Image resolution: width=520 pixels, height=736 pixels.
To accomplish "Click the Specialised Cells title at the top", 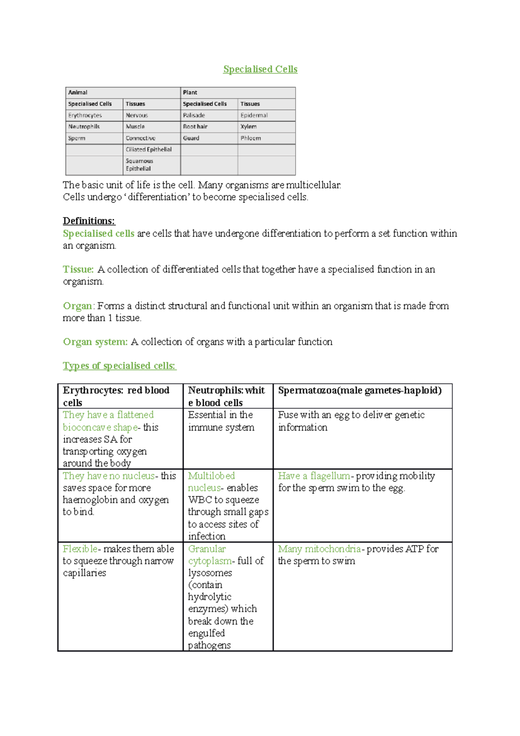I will (x=260, y=69).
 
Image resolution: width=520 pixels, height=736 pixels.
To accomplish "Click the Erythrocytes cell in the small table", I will (x=85, y=115).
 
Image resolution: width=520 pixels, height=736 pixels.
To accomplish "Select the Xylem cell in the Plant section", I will (x=249, y=127).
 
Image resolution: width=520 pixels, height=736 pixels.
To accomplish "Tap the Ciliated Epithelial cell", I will (x=149, y=150).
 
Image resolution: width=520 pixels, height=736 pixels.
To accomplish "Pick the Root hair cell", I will (x=195, y=127).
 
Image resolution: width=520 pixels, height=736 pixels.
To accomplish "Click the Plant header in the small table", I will (x=190, y=92).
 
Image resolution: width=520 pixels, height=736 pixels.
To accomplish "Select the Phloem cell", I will (x=250, y=138).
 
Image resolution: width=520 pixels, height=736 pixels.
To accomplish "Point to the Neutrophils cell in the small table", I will (x=84, y=127).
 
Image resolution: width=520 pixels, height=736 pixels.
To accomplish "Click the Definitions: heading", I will (x=89, y=221).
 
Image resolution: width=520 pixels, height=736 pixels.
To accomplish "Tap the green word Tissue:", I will (x=78, y=270).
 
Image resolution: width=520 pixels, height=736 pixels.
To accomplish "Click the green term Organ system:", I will (x=95, y=342).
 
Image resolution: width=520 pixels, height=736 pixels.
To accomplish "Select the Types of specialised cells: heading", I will (x=119, y=366).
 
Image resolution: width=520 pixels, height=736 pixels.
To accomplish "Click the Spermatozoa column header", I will (x=360, y=391).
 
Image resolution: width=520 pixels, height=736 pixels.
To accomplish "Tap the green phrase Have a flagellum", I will (x=314, y=476).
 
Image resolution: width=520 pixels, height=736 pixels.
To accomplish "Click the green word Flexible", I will (x=80, y=549).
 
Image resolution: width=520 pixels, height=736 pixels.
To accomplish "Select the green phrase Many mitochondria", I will (x=319, y=549).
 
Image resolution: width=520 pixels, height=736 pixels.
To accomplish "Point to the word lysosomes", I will (x=210, y=573).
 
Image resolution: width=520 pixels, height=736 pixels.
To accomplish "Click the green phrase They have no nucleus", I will (x=108, y=476).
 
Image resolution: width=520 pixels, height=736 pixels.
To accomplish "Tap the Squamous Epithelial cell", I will (x=139, y=165).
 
